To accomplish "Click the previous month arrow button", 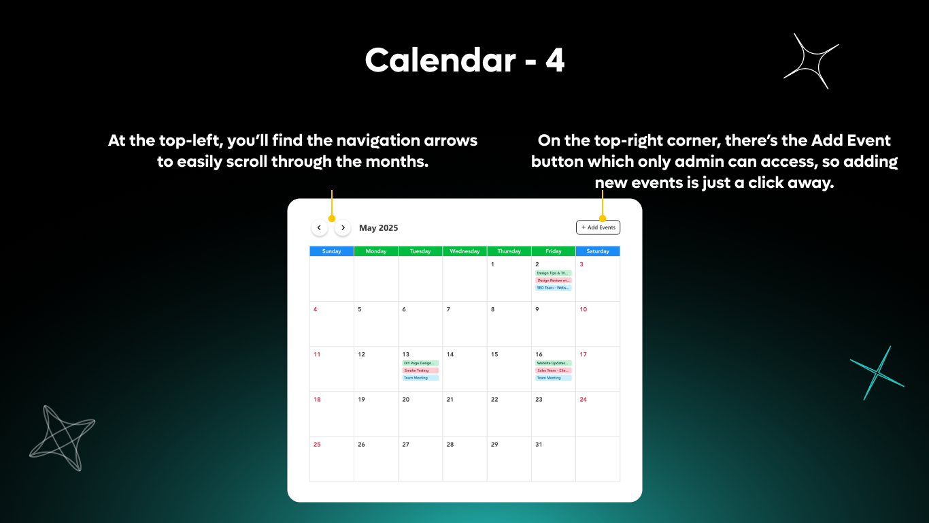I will pos(320,227).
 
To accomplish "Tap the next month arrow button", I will pos(343,227).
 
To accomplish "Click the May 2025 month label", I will pos(379,228).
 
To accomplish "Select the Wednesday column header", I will pos(464,251).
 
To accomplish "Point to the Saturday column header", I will pos(598,251).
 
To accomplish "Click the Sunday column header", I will pos(331,251).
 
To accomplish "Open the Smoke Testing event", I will pos(420,370).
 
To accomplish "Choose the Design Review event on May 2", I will pos(554,281).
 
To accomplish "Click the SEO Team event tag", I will pos(554,287).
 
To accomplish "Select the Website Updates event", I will pos(554,363).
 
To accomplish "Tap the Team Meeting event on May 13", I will pos(420,378).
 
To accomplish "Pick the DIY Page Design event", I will pos(420,363).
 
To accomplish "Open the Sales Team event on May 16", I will pos(554,370).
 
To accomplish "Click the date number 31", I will pos(539,445).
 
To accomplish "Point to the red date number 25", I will pos(317,445).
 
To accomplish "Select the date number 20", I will pos(406,400).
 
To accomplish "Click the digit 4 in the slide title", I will pos(555,61).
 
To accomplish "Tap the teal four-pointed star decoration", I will pos(877,373).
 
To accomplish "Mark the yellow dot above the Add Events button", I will pos(603,219).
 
